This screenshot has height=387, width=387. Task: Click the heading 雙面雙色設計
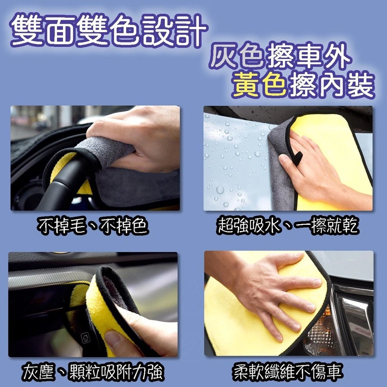point(109,31)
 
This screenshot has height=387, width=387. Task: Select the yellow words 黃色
point(260,85)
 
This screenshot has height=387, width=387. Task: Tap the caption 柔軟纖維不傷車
point(288,372)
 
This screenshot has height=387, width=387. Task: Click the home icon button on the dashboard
point(86,338)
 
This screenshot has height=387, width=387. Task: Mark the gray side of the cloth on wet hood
point(281,168)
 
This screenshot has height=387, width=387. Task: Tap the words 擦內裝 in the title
point(332,85)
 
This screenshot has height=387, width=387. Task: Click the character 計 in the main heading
point(191,31)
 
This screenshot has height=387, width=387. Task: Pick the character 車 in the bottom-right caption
point(334,372)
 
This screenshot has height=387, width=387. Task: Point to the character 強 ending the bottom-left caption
point(156,372)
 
